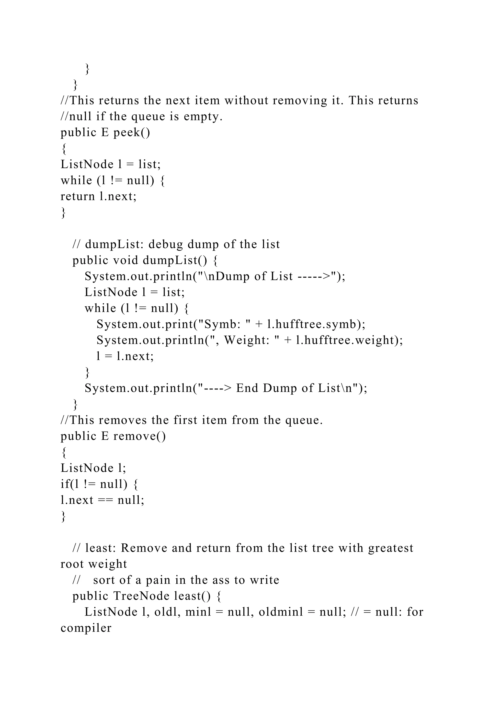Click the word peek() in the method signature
coord(132,133)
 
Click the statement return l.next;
coord(98,196)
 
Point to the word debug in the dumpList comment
coord(166,244)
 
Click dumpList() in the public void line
coord(175,260)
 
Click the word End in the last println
coord(247,388)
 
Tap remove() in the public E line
coord(139,436)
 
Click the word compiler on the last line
coord(86,628)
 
